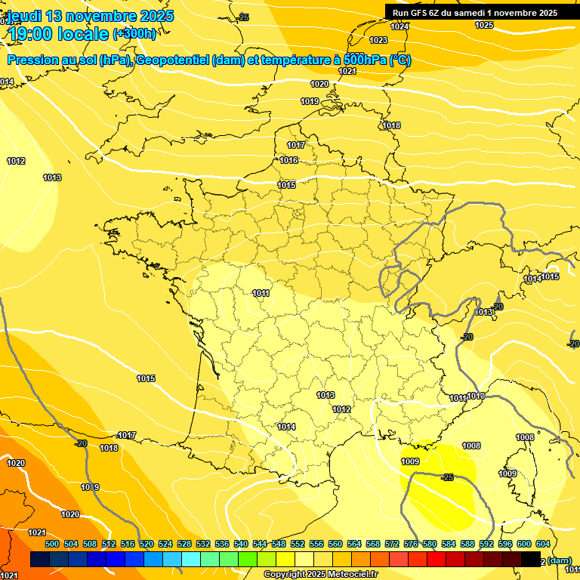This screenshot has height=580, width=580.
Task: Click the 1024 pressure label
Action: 400,26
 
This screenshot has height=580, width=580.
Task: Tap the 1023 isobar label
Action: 378,40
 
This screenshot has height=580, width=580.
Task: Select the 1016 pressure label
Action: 288,160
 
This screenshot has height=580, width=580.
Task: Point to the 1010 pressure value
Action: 476,396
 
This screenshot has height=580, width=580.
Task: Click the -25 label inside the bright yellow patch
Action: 447,477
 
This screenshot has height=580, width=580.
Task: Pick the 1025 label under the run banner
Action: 484,25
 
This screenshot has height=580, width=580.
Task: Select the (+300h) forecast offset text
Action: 135,34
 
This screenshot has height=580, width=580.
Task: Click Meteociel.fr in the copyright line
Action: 352,575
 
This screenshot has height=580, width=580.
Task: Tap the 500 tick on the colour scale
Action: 52,544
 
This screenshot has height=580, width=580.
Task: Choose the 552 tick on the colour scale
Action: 298,544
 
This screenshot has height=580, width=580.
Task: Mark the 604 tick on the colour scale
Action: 543,544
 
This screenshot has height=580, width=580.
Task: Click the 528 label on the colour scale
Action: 184,544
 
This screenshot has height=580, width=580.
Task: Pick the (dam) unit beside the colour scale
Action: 559,560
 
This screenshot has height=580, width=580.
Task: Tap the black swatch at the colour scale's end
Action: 531,559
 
